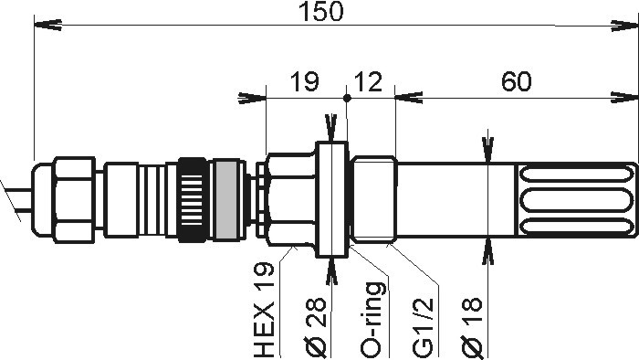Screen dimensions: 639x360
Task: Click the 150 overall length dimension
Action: pyautogui.click(x=321, y=12)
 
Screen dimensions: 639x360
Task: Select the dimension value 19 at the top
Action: pyautogui.click(x=304, y=81)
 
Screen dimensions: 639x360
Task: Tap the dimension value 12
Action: pyautogui.click(x=369, y=81)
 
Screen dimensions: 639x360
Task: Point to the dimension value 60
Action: pyautogui.click(x=517, y=81)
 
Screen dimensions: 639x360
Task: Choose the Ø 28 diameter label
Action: pyautogui.click(x=316, y=327)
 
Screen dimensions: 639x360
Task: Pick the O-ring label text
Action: pyautogui.click(x=372, y=320)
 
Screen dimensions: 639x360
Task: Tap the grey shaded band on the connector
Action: pyautogui.click(x=226, y=199)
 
